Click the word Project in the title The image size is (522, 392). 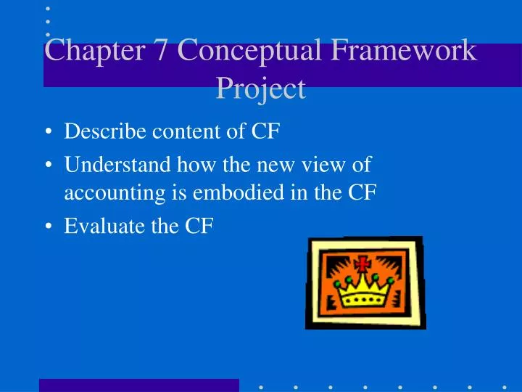point(261,89)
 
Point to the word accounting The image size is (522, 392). point(106,193)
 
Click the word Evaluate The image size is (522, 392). point(97,227)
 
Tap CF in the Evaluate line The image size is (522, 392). point(198,227)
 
